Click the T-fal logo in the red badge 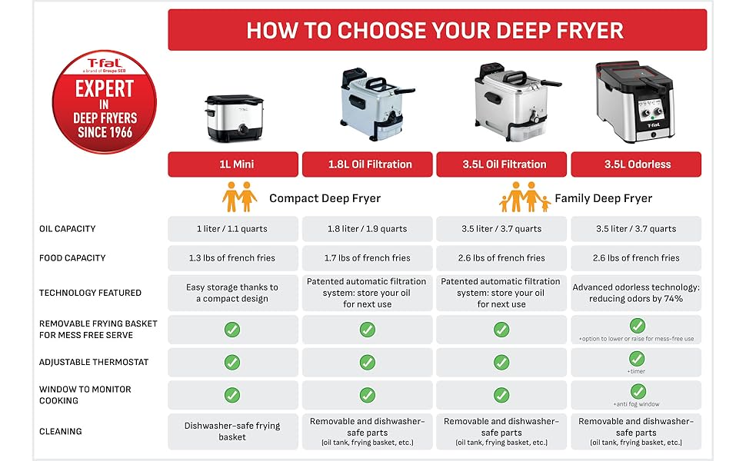click(x=104, y=65)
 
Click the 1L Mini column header click(x=233, y=164)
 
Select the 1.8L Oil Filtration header click(x=368, y=164)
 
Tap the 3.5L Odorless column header click(x=636, y=164)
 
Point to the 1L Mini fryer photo click(x=234, y=118)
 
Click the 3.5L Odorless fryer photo click(x=635, y=101)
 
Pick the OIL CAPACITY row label click(x=67, y=229)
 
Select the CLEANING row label click(x=61, y=432)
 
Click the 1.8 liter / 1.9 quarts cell click(x=368, y=229)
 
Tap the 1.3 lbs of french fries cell click(x=233, y=258)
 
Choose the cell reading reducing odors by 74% click(x=636, y=293)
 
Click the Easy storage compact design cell click(x=233, y=293)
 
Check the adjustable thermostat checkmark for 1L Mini click(x=232, y=362)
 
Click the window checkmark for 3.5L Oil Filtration click(x=501, y=395)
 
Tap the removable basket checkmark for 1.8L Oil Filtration click(x=367, y=330)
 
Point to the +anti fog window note click(x=636, y=404)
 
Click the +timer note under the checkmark click(x=636, y=371)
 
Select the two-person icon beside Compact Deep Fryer click(x=239, y=197)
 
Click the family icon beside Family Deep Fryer click(x=525, y=197)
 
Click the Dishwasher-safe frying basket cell click(x=233, y=432)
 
